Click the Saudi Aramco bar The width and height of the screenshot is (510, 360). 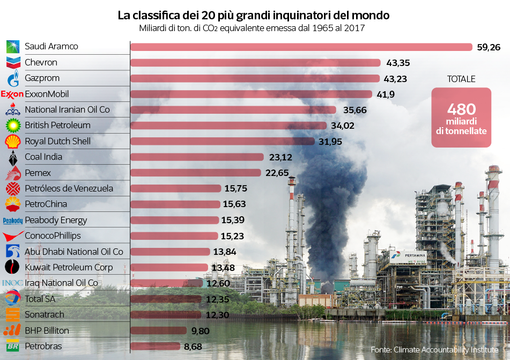[300, 47]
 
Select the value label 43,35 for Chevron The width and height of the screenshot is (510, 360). [395, 63]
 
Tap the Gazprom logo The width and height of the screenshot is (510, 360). [13, 79]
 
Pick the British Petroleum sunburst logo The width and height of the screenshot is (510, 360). [13, 126]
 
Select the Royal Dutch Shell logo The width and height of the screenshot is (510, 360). [13, 142]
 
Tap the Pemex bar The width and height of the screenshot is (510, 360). [196, 173]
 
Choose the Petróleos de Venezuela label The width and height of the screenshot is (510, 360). [69, 188]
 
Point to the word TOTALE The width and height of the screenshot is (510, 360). [461, 79]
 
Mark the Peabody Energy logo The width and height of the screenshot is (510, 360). [13, 221]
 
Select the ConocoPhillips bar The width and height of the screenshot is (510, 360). [174, 236]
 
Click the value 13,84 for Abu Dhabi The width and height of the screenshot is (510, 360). [224, 252]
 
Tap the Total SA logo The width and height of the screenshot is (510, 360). [13, 299]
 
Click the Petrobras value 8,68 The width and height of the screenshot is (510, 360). [193, 347]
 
